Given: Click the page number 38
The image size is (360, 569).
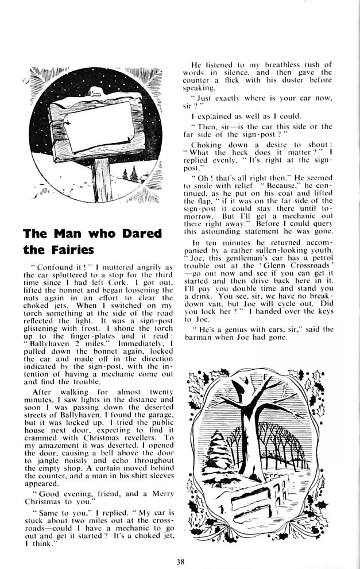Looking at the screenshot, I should click(x=180, y=554).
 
